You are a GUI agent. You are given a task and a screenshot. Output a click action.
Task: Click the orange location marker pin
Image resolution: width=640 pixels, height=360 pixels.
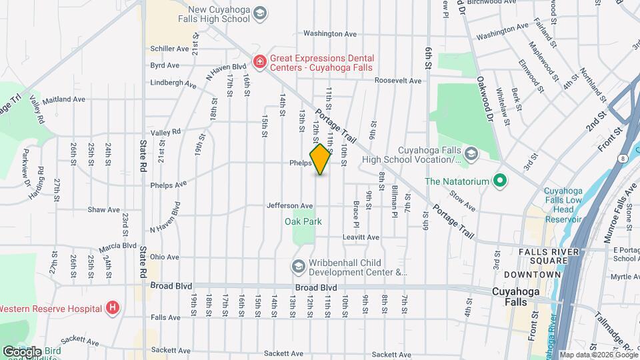(x=321, y=159)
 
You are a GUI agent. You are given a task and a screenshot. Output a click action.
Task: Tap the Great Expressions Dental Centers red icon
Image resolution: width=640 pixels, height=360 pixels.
(x=259, y=63)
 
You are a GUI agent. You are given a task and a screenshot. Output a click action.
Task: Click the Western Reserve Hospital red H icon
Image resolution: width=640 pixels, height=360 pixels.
(x=113, y=308)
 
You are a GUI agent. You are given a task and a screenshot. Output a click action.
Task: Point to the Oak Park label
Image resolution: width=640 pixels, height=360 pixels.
(x=303, y=221)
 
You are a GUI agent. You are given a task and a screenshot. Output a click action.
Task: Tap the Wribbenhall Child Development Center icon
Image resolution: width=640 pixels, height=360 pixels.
(x=298, y=266)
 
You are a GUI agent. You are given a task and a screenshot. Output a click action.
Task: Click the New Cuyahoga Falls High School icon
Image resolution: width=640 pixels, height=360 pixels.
(x=261, y=13)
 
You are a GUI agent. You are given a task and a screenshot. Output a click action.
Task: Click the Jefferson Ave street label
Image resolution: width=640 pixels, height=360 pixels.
(x=290, y=206)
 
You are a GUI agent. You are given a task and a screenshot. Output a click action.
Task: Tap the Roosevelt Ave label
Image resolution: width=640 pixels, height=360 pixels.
(x=398, y=81)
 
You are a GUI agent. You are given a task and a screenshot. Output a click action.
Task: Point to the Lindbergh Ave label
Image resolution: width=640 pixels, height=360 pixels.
(x=173, y=85)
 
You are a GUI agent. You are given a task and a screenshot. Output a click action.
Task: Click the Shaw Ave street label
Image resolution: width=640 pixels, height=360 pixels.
(x=104, y=209)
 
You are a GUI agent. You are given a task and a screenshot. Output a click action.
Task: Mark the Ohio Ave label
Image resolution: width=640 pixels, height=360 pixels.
(x=164, y=257)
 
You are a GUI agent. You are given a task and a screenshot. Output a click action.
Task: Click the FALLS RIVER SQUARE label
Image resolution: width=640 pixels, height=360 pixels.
(x=553, y=251)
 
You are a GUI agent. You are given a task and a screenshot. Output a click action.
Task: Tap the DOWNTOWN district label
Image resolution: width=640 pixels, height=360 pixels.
(x=532, y=275)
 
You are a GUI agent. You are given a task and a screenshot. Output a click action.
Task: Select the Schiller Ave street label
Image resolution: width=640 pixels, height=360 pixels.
(x=170, y=49)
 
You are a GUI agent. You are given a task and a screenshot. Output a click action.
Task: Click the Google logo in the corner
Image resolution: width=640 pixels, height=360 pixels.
(x=21, y=351)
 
